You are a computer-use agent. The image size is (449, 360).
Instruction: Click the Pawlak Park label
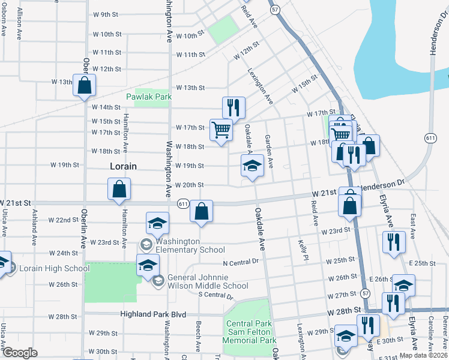pos(149,97)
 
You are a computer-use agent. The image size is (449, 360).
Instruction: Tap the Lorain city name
pos(123,166)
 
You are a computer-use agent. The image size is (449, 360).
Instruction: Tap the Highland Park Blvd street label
pos(152,314)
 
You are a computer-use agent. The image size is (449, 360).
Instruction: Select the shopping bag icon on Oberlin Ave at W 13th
pos(84,85)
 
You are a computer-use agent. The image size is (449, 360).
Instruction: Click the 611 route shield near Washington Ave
pos(183,204)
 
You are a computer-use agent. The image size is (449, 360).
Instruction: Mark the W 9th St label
pos(106,14)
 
